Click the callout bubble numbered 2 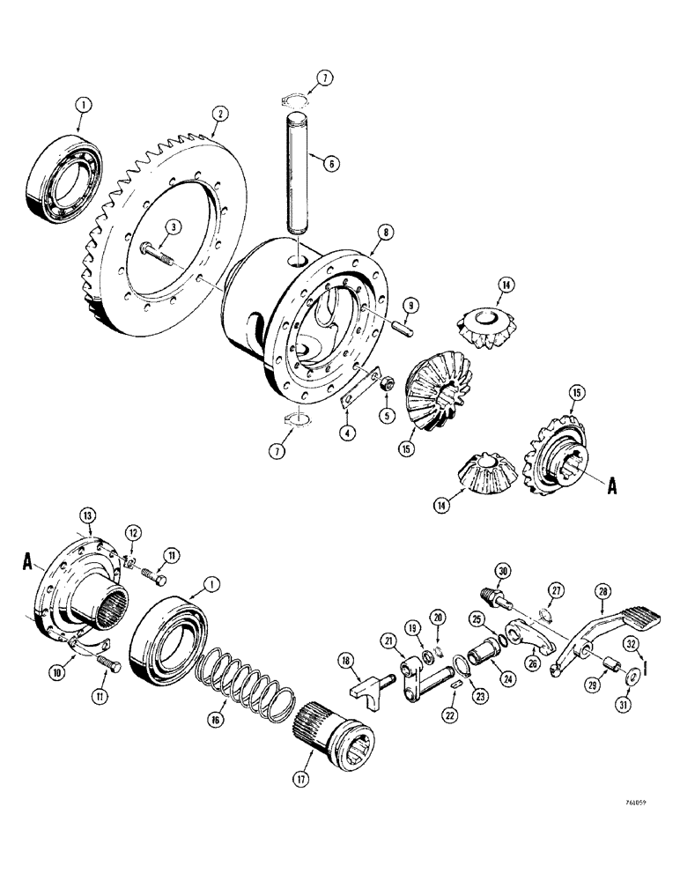point(219,113)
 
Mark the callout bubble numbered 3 point(175,227)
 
